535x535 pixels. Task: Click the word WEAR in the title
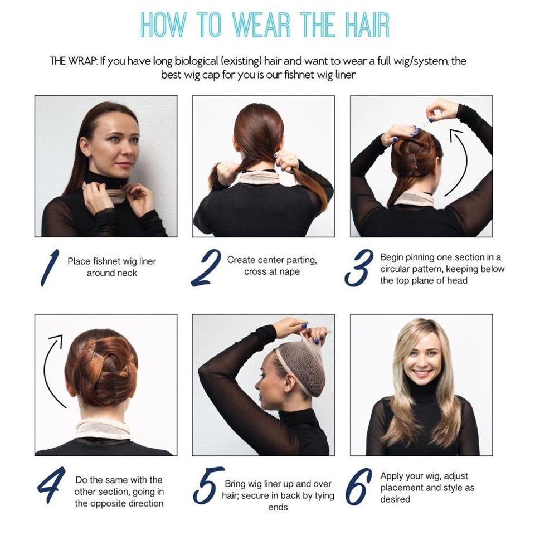click(x=262, y=24)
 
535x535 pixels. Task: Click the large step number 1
click(x=50, y=267)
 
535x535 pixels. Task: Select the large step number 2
click(x=206, y=267)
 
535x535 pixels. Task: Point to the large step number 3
click(x=358, y=267)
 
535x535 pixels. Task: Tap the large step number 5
click(x=208, y=486)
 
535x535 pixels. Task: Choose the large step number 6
click(x=358, y=487)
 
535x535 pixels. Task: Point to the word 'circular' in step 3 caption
click(x=395, y=269)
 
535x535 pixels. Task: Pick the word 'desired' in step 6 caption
click(x=395, y=499)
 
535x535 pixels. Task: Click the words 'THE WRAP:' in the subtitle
click(x=74, y=61)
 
